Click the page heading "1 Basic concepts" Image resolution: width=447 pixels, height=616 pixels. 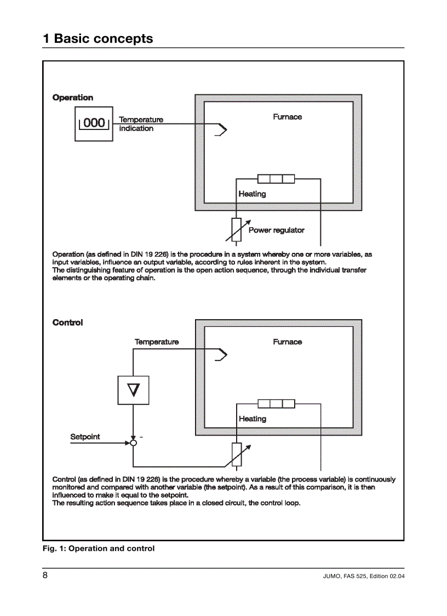(x=98, y=39)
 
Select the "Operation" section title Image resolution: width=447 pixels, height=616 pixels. (x=73, y=98)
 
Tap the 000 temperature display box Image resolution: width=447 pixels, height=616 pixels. (x=94, y=124)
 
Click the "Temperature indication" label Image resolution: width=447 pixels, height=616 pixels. (x=141, y=124)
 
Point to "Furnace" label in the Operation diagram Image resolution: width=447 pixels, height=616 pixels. (x=287, y=117)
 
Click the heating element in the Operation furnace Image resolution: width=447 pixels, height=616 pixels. (x=276, y=179)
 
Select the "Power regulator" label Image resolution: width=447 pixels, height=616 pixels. (x=276, y=230)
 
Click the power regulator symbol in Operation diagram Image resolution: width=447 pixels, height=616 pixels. (x=237, y=229)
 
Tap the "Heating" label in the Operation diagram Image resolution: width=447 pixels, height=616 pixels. (x=252, y=194)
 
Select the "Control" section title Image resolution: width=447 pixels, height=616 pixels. (x=67, y=323)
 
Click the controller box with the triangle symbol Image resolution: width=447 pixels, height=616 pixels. (x=133, y=390)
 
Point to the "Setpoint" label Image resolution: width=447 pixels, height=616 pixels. (x=85, y=437)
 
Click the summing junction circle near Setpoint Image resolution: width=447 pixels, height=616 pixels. (x=133, y=443)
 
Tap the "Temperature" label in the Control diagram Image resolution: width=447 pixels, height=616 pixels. (x=157, y=342)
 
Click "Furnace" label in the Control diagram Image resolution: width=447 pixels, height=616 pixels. (x=287, y=342)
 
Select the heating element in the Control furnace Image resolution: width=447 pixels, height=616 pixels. (x=276, y=404)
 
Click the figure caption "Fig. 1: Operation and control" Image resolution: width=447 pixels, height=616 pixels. (x=99, y=549)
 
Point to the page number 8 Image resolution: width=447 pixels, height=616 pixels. (x=45, y=575)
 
